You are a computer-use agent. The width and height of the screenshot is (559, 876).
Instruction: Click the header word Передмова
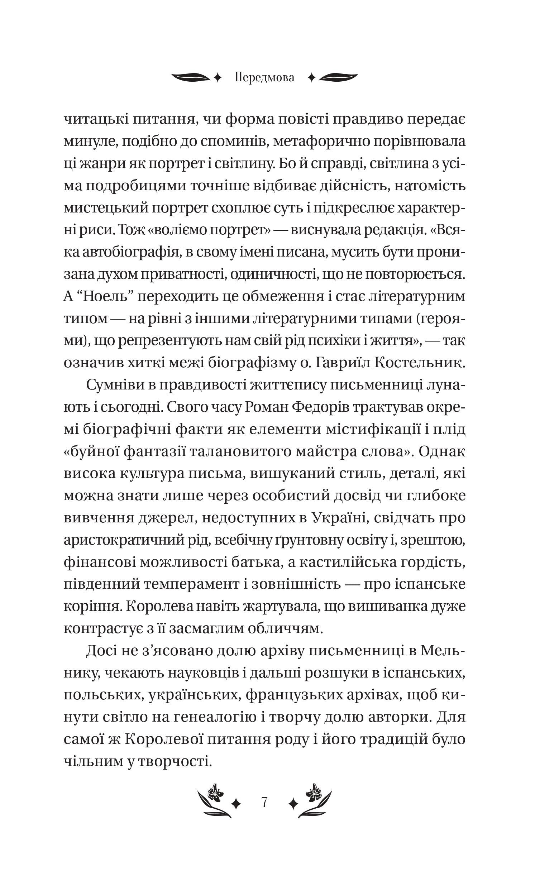(x=264, y=78)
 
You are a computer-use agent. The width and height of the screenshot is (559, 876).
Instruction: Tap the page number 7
(x=264, y=802)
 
